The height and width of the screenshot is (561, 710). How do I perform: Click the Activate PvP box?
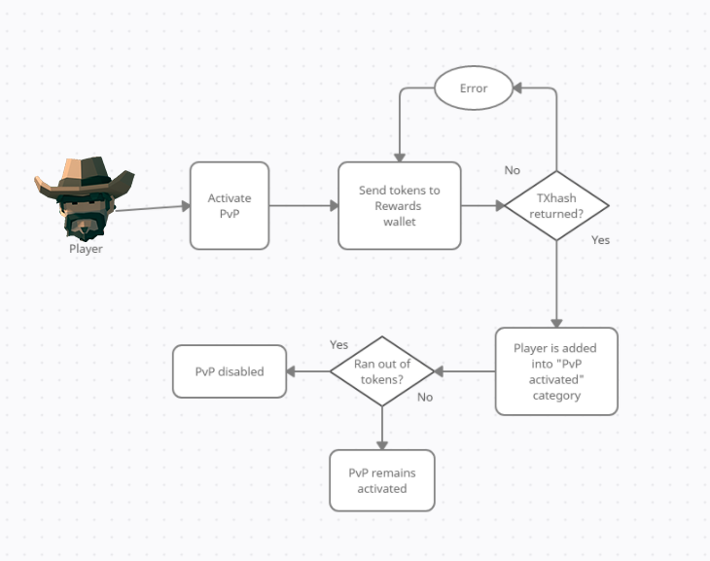click(x=230, y=205)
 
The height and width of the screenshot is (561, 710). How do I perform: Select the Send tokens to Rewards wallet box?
click(x=400, y=205)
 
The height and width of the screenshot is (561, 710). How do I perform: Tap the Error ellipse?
click(x=474, y=88)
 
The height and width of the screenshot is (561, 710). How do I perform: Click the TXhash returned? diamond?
click(x=556, y=205)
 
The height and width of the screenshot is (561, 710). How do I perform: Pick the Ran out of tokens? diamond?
click(x=382, y=371)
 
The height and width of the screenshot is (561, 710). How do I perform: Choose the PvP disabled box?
click(x=230, y=371)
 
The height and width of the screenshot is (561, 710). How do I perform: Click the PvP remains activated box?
click(x=382, y=480)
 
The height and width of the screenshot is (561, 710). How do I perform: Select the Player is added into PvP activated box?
click(x=556, y=371)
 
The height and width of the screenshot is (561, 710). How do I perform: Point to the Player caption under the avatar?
click(x=86, y=249)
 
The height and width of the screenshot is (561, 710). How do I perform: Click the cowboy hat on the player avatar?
click(x=85, y=178)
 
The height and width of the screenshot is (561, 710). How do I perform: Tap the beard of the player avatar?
click(x=85, y=226)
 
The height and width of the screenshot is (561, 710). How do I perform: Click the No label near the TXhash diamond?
click(x=513, y=170)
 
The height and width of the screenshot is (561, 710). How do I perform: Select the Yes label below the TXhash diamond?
click(x=600, y=240)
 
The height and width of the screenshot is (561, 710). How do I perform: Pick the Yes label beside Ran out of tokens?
click(x=338, y=345)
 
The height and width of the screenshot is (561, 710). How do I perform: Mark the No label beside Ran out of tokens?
click(x=425, y=397)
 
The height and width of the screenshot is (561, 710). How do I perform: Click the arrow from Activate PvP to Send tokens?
click(x=303, y=205)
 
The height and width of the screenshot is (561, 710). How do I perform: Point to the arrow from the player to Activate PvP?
click(x=153, y=208)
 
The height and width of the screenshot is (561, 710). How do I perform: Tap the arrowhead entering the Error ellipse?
click(x=517, y=88)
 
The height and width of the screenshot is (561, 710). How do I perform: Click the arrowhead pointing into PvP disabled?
click(x=291, y=371)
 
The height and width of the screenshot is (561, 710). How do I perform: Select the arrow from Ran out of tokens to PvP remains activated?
click(x=382, y=428)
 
